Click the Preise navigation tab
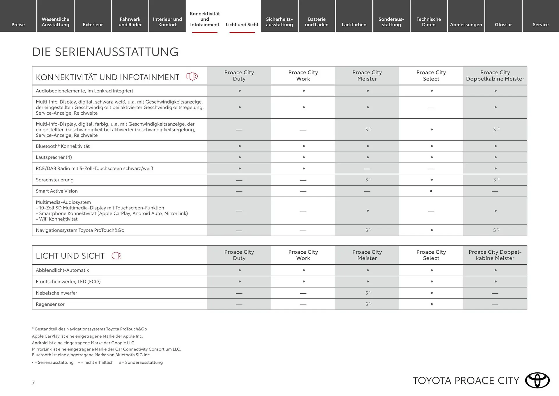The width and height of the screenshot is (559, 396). (18, 24)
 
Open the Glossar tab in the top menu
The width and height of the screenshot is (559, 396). (503, 24)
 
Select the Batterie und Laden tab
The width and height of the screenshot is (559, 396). (316, 22)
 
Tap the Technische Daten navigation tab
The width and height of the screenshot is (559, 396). (429, 22)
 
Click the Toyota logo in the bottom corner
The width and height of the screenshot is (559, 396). (537, 380)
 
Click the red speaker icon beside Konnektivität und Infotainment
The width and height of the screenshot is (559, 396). (192, 76)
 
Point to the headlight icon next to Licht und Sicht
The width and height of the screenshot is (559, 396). (116, 256)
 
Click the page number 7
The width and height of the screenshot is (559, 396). (33, 383)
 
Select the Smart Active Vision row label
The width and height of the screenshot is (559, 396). (57, 191)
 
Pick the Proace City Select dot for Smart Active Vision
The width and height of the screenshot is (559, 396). (431, 191)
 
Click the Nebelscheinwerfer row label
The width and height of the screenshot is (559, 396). (56, 293)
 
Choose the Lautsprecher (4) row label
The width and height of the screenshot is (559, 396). (54, 157)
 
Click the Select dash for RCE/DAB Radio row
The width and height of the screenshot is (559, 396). (431, 169)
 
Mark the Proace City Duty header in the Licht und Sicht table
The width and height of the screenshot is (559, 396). (239, 255)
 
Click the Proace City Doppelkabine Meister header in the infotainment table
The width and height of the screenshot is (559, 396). (495, 76)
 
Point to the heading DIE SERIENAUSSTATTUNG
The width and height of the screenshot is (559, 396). (105, 52)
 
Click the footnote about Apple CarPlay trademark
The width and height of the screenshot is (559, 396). (87, 336)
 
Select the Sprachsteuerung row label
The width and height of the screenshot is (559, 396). (55, 180)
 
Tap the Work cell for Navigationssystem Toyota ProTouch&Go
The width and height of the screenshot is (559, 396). (303, 231)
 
